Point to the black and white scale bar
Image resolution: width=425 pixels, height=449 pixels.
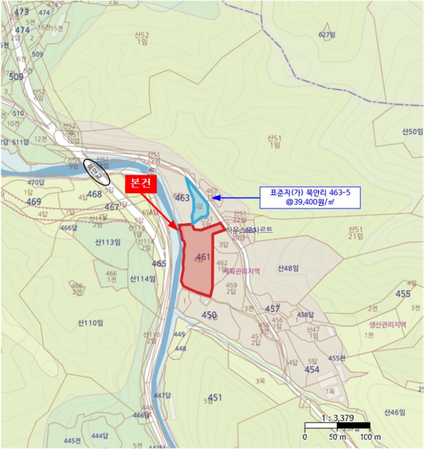pos(337,425)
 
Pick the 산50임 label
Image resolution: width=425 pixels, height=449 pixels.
pos(413,131)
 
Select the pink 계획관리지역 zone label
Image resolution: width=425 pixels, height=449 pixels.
pos(242,271)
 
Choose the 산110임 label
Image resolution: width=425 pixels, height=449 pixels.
pos(90,322)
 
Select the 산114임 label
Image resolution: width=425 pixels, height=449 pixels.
pos(142,278)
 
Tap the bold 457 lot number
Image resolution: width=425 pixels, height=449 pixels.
pos(272,309)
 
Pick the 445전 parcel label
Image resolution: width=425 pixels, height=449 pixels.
pos(72,441)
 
